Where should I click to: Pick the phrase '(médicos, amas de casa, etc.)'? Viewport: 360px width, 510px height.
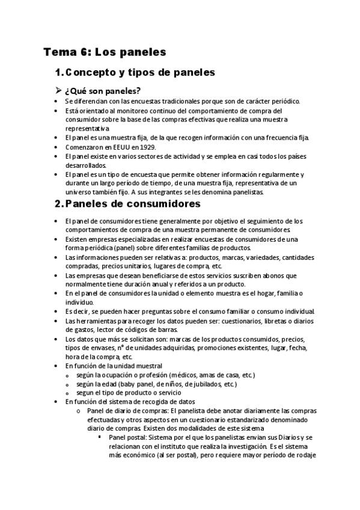click(187, 375)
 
